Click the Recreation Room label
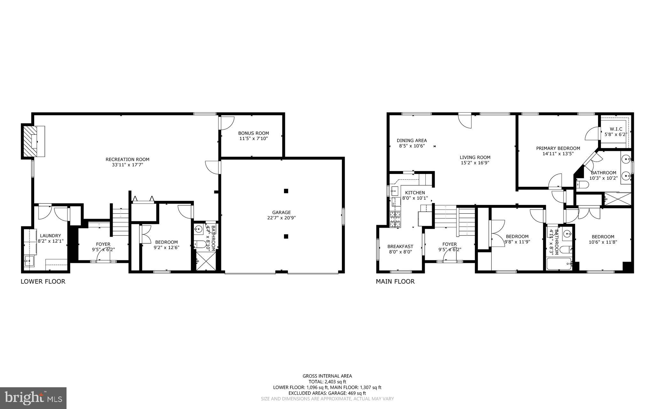(x=127, y=159)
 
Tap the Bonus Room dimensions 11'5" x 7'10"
(x=253, y=138)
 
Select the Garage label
(x=281, y=212)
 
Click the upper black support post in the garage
(x=286, y=191)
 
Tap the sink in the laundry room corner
(x=28, y=261)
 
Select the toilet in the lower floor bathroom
(x=200, y=245)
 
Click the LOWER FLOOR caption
(x=43, y=281)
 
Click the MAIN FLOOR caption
(x=395, y=281)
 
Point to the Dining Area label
(x=412, y=140)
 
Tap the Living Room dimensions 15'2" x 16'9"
(x=475, y=163)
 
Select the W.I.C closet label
(x=613, y=129)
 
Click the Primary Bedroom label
(x=558, y=148)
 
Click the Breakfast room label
(x=400, y=246)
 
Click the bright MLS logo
(x=33, y=398)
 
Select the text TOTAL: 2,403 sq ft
(x=327, y=381)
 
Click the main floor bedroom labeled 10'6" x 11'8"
(x=603, y=239)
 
